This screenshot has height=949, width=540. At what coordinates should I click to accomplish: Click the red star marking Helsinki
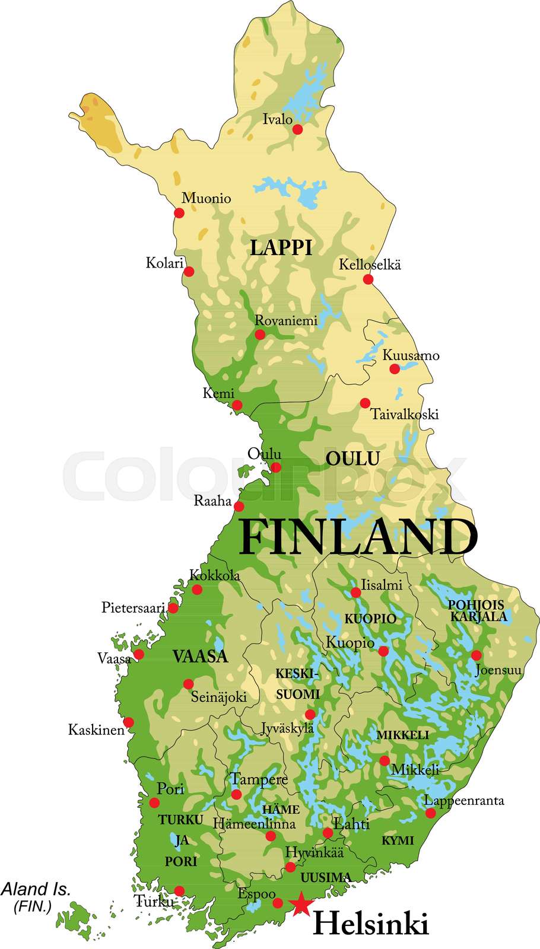(301, 903)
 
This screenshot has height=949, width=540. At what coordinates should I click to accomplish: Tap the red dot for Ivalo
(298, 129)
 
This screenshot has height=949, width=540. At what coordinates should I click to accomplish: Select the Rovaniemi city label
(286, 320)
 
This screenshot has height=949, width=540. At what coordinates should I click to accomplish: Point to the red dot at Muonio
(179, 213)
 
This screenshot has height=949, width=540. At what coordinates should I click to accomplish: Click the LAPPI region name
(281, 247)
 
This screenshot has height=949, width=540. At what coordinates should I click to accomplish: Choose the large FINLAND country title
(358, 537)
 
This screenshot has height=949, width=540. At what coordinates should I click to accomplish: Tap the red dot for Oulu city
(276, 467)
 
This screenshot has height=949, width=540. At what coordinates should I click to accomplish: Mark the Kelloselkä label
(370, 265)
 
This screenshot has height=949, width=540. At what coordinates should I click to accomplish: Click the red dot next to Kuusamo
(395, 369)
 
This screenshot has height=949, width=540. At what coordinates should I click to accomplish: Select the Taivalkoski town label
(405, 414)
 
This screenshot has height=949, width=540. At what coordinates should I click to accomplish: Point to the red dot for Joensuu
(476, 655)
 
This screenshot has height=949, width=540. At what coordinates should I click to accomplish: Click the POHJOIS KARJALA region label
(478, 611)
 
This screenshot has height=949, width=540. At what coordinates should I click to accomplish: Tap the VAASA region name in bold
(200, 656)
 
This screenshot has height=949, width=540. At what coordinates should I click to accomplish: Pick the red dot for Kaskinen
(128, 722)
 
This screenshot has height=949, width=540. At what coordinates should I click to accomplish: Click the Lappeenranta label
(464, 800)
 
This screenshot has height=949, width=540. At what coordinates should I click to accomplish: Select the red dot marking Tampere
(236, 794)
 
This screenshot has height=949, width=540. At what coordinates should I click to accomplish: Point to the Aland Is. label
(36, 889)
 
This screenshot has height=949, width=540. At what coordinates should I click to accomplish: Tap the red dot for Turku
(179, 891)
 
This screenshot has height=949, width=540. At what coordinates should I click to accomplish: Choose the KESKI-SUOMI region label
(297, 684)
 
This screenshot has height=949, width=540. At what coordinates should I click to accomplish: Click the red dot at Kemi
(237, 406)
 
